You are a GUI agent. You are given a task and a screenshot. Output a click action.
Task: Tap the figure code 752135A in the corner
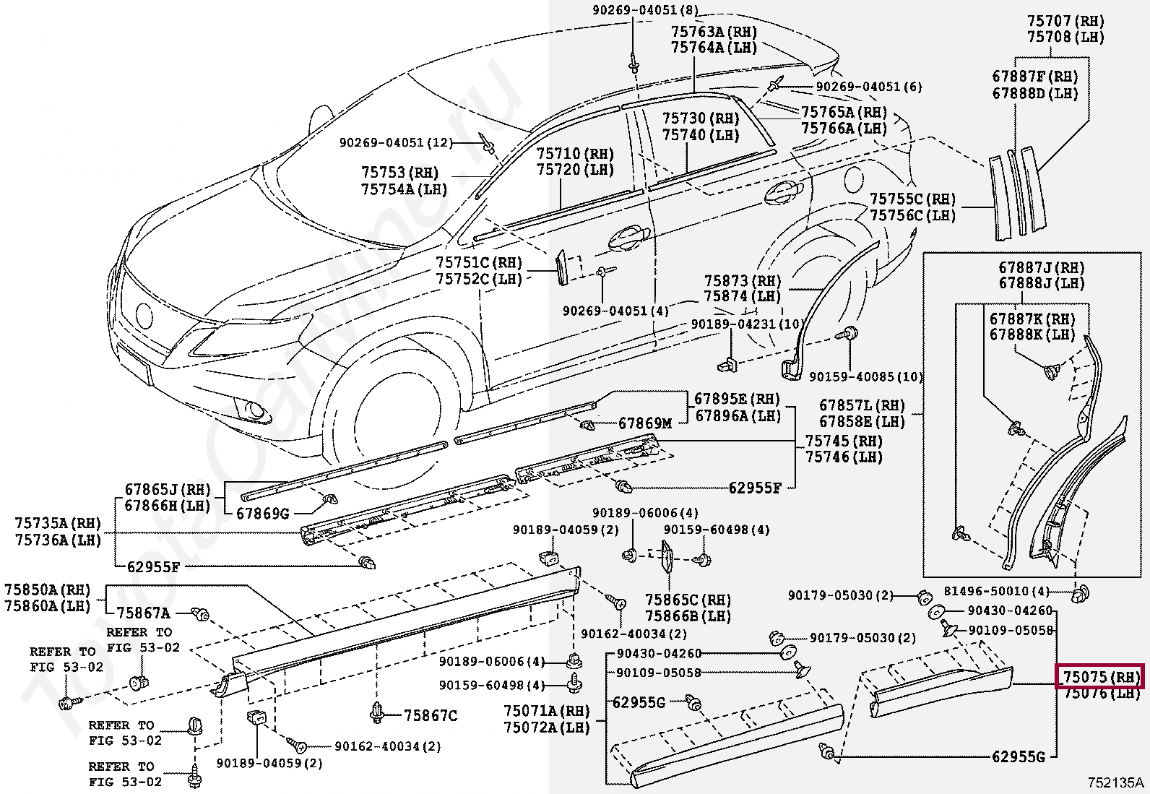(x=1117, y=782)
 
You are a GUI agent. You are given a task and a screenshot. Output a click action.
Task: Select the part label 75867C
(x=431, y=715)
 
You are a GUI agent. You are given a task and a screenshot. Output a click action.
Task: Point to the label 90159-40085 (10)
(x=865, y=377)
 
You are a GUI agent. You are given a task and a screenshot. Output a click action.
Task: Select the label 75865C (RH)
(x=688, y=600)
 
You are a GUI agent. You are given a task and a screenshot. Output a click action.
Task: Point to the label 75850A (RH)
(x=48, y=589)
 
